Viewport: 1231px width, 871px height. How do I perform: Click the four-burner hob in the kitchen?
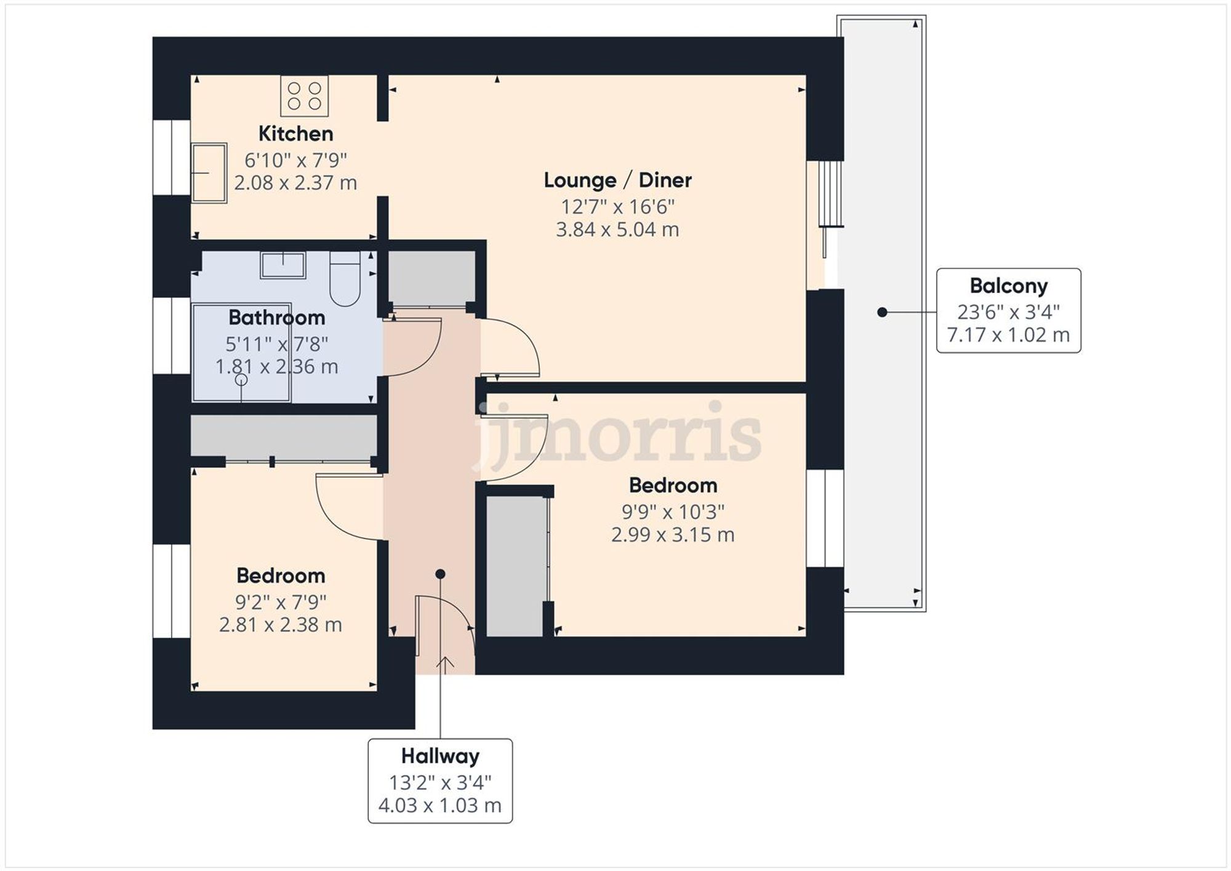pyautogui.click(x=304, y=96)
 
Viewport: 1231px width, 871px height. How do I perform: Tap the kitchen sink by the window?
pyautogui.click(x=209, y=173)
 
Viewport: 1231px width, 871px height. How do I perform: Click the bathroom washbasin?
pyautogui.click(x=283, y=265)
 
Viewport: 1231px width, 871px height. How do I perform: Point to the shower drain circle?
pyautogui.click(x=241, y=380)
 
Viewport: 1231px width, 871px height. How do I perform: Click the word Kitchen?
pyautogui.click(x=295, y=134)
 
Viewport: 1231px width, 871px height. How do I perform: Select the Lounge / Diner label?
pyautogui.click(x=617, y=180)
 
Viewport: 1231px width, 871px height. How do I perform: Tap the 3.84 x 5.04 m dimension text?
pyautogui.click(x=617, y=230)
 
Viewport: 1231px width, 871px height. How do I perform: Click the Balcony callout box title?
pyautogui.click(x=1008, y=286)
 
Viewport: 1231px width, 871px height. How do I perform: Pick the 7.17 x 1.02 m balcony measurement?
pyautogui.click(x=1008, y=335)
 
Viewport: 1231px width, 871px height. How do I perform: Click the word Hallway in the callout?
pyautogui.click(x=440, y=756)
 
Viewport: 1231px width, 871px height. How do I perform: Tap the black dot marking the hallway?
pyautogui.click(x=440, y=574)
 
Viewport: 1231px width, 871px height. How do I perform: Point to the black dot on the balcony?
pyautogui.click(x=882, y=312)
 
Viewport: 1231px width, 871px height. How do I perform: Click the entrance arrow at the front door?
pyautogui.click(x=445, y=664)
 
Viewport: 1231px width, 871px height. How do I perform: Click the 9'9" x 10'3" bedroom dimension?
pyautogui.click(x=673, y=512)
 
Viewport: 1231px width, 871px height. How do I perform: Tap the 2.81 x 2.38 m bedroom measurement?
pyautogui.click(x=280, y=625)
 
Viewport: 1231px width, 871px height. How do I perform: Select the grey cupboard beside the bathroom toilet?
pyautogui.click(x=431, y=277)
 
